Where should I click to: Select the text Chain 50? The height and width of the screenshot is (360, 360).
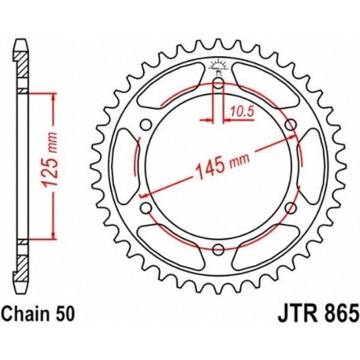click(38, 314)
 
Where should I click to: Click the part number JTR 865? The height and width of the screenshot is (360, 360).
click(318, 314)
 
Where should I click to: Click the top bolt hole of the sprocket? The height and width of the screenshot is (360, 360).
click(218, 83)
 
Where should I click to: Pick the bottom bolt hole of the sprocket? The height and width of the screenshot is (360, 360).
click(218, 250)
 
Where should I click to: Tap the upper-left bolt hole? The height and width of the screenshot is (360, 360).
click(146, 125)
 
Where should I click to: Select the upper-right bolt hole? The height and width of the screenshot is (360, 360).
click(290, 125)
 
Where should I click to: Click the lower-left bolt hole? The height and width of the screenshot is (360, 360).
click(146, 208)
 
